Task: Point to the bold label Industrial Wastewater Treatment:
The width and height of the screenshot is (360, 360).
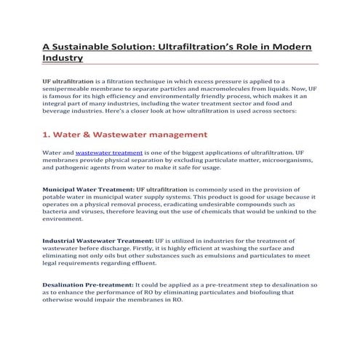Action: coord(97,240)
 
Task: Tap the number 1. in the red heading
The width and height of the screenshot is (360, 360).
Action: coord(47,134)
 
